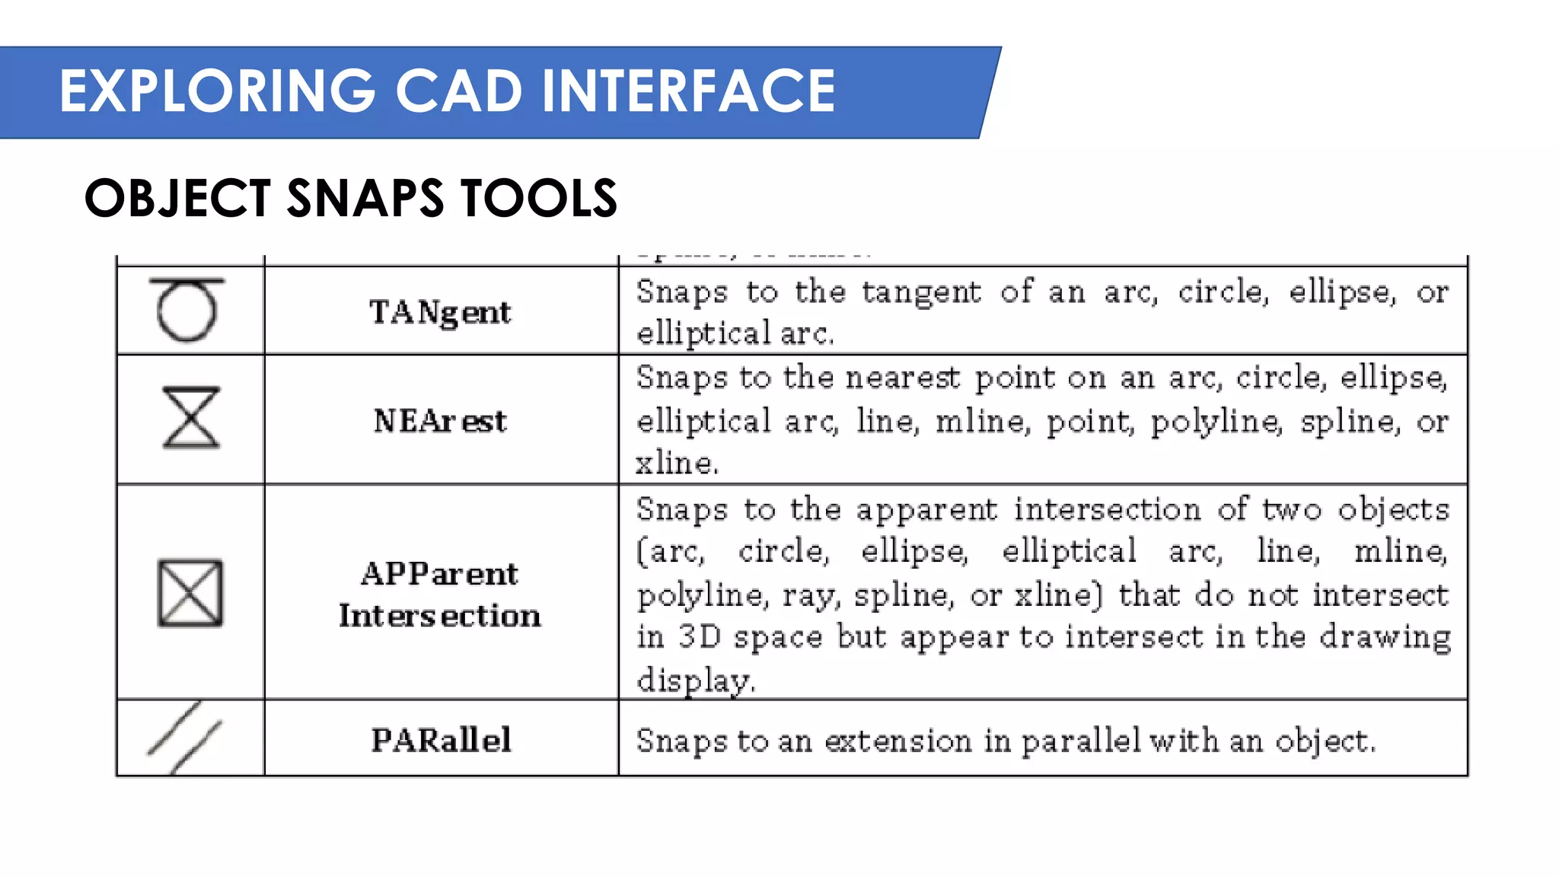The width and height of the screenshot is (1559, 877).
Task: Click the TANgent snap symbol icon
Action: click(x=187, y=309)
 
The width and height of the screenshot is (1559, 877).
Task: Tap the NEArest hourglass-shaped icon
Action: click(x=190, y=417)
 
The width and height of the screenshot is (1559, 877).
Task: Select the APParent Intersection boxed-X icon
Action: click(x=190, y=593)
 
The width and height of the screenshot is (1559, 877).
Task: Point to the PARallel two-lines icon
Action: click(x=185, y=738)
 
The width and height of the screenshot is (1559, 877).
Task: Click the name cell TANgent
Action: click(x=440, y=312)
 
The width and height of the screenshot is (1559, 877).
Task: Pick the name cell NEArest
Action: click(x=440, y=420)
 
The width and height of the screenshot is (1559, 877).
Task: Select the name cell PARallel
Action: click(x=441, y=740)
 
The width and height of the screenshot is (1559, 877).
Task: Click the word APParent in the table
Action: click(x=439, y=573)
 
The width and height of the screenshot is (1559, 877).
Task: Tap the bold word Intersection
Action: click(x=440, y=615)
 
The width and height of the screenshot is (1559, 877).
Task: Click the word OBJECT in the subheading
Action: click(x=177, y=199)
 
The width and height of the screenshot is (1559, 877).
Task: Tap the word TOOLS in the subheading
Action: click(x=539, y=199)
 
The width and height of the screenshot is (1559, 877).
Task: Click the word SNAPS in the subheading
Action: click(x=365, y=199)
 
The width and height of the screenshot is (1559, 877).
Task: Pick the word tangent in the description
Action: click(x=921, y=292)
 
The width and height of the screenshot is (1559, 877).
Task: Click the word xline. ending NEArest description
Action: click(x=677, y=462)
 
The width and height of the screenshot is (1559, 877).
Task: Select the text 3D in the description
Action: click(x=699, y=636)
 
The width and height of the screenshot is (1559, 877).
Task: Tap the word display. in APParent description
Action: click(x=696, y=680)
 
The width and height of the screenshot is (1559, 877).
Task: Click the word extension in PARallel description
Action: click(x=898, y=741)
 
